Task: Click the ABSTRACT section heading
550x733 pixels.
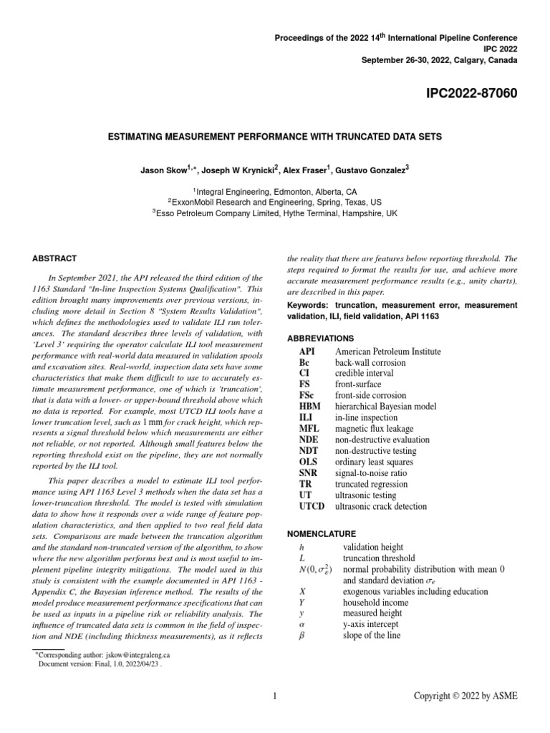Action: coord(56,258)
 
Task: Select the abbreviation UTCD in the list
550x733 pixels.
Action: coord(312,506)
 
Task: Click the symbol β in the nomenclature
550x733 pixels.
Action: coord(301,636)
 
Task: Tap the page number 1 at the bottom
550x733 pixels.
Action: coord(275,696)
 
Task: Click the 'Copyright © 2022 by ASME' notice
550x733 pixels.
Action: coord(466,696)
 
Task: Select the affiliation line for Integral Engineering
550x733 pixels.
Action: coord(274,192)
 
